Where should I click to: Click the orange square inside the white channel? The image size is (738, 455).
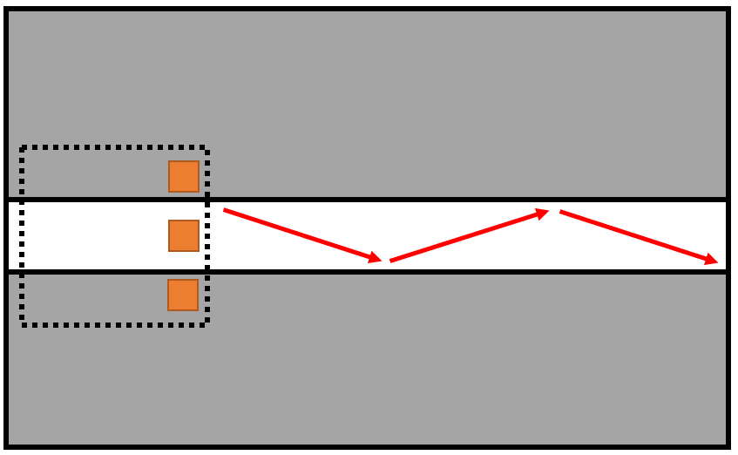(184, 235)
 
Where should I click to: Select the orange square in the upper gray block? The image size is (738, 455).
(184, 176)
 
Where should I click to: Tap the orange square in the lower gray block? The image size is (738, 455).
(183, 295)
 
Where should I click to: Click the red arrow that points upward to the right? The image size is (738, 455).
(469, 235)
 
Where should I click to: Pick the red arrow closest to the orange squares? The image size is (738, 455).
(302, 234)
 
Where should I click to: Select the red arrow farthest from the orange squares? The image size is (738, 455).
(639, 235)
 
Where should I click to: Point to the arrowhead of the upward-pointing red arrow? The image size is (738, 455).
(543, 212)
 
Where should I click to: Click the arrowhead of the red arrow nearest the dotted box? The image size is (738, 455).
(376, 258)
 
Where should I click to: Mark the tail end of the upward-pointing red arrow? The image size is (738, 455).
(392, 260)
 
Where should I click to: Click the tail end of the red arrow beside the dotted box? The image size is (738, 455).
(226, 210)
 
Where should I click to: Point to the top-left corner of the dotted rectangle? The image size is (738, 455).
(24, 149)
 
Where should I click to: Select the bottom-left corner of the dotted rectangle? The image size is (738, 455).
(24, 323)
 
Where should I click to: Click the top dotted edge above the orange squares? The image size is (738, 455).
(113, 147)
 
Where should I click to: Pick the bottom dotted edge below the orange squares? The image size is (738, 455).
(113, 325)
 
